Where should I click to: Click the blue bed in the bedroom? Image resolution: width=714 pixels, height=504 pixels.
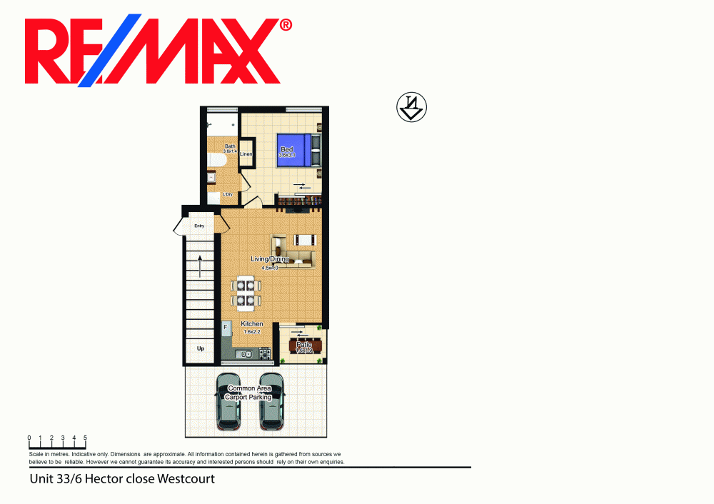[295, 150]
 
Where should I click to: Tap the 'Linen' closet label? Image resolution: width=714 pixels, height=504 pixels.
[246, 154]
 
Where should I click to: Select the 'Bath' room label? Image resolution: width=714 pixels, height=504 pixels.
[230, 146]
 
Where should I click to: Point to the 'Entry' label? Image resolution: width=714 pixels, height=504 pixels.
[199, 226]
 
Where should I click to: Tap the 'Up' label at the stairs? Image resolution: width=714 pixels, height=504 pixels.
[200, 348]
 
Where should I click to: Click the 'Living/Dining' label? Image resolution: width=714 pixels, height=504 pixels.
[269, 259]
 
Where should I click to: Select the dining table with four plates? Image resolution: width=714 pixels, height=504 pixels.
[245, 293]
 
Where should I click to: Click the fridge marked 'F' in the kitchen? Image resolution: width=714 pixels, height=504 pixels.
[227, 330]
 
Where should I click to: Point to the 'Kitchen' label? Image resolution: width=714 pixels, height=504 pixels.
[251, 324]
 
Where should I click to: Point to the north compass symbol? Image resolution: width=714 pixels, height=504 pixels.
[411, 108]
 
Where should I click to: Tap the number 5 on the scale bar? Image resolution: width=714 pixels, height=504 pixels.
[86, 437]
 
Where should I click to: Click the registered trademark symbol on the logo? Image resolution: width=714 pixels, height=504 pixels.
[285, 25]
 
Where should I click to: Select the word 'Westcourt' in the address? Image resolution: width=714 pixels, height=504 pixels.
[186, 479]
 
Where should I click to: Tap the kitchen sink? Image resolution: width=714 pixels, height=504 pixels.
[246, 353]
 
